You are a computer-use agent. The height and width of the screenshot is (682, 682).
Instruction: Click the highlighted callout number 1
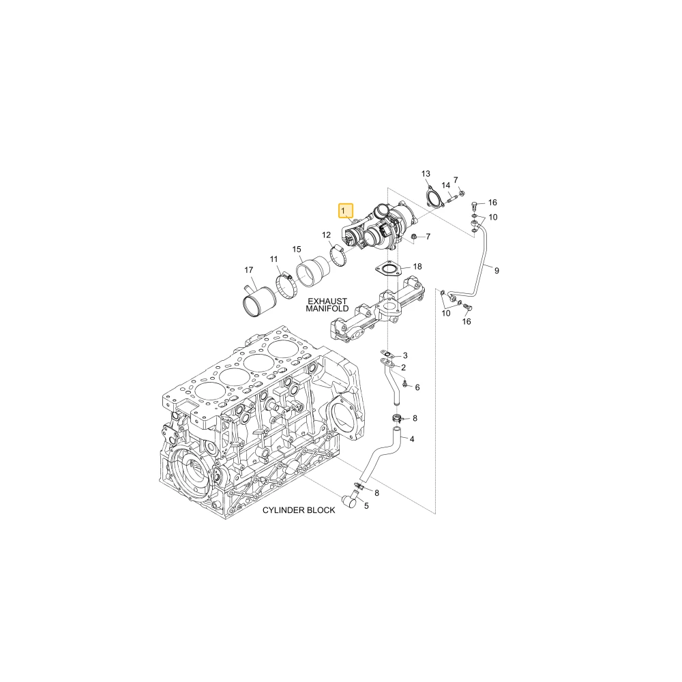[x=343, y=211]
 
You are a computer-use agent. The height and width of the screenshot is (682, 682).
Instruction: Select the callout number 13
[x=426, y=174]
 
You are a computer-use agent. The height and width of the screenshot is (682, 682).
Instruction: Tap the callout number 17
[x=248, y=270]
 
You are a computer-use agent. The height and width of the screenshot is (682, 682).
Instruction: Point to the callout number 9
[x=496, y=271]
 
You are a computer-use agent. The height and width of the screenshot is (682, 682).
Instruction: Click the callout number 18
[x=417, y=266]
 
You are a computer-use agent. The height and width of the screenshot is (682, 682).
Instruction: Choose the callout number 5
[x=366, y=506]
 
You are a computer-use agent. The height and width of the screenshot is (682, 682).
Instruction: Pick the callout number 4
[x=411, y=439]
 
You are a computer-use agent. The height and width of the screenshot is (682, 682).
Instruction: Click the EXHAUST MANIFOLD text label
[x=327, y=304]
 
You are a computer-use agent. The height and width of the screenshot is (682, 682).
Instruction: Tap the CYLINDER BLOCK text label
[x=299, y=509]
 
